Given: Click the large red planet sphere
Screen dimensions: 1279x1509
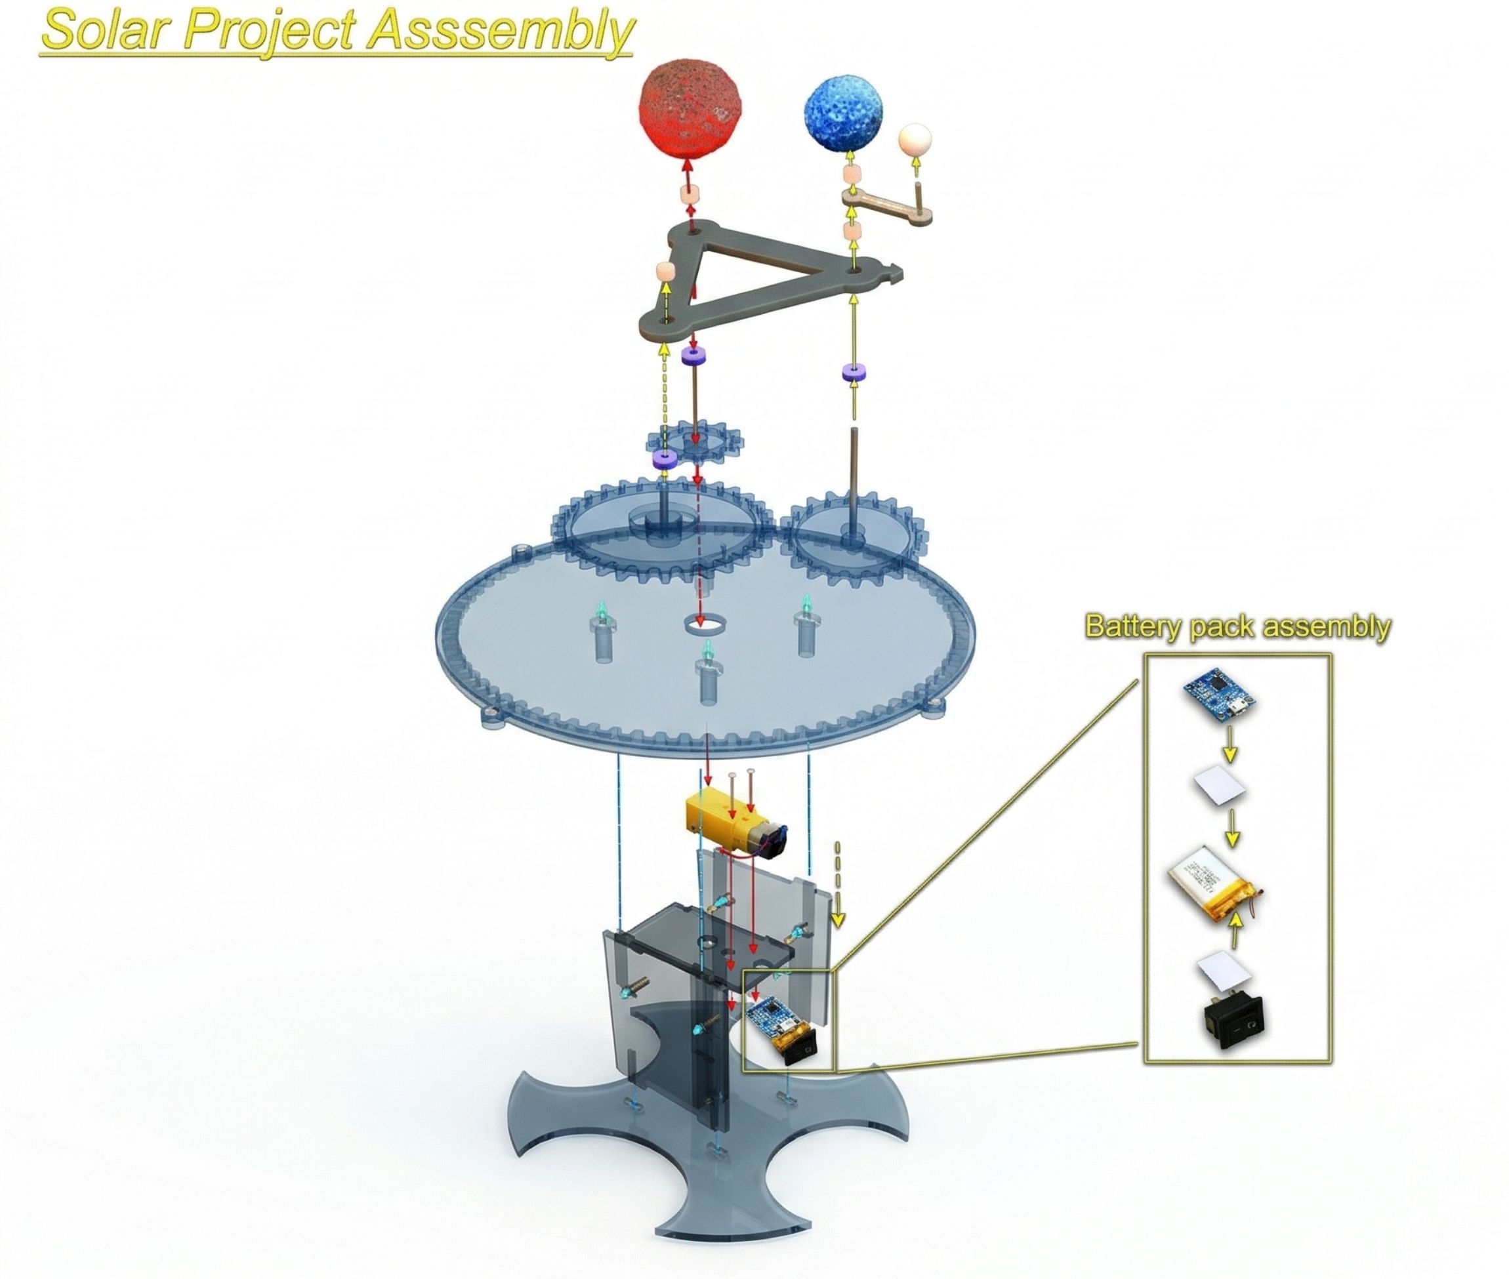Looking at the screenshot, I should tap(690, 108).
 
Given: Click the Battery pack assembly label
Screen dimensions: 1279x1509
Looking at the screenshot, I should tap(1236, 626).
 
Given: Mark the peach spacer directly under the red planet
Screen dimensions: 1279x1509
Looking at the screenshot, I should tap(690, 195).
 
